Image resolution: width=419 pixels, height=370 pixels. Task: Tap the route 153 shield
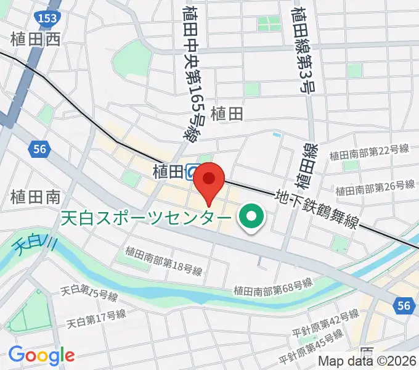click(46, 18)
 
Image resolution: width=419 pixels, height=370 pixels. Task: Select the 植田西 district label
click(36, 40)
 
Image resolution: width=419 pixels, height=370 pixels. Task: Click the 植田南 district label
click(35, 197)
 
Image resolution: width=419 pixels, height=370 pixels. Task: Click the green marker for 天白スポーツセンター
click(251, 217)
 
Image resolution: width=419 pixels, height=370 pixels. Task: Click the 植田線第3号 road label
click(303, 49)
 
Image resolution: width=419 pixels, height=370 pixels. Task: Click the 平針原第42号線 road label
click(326, 321)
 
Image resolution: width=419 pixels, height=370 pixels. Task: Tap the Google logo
click(41, 355)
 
